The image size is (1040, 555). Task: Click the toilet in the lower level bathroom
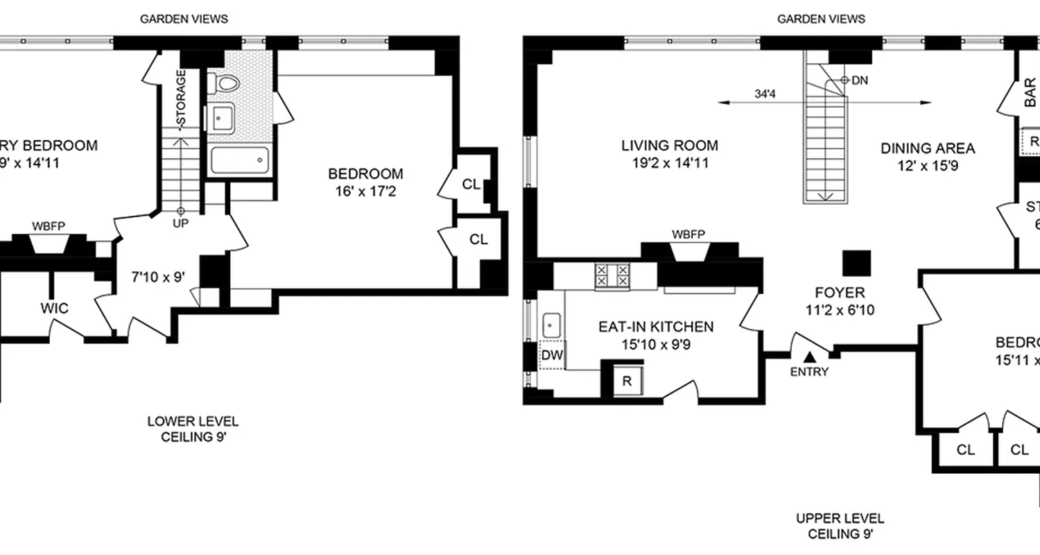coord(226,84)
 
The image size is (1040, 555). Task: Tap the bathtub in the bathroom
coord(239,162)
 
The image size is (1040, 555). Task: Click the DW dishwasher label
coord(552,356)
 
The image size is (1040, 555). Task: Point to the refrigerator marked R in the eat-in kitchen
coord(627,380)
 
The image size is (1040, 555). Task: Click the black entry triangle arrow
coord(809,357)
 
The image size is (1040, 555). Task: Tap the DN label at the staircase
coord(860,80)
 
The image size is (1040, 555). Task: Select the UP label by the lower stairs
coord(181,223)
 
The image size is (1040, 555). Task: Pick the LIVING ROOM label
coord(669,146)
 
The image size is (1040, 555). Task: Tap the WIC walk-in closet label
coord(54,308)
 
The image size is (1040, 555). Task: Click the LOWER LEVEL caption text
coord(193,421)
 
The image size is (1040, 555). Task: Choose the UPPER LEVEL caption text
coord(840,518)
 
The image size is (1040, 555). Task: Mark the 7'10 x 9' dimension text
coord(158,276)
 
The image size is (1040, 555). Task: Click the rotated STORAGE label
coord(181,99)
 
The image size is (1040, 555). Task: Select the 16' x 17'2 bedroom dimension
coord(365,190)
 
